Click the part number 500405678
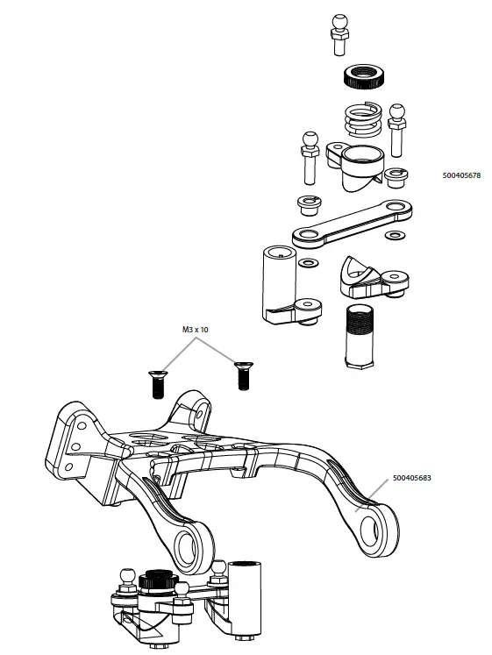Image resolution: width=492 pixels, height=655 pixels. pyautogui.click(x=462, y=175)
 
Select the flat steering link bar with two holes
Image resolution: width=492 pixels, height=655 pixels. pyautogui.click(x=352, y=223)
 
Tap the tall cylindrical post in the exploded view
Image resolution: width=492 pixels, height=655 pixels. pyautogui.click(x=279, y=281)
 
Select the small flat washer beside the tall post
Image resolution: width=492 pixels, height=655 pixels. pyautogui.click(x=309, y=263)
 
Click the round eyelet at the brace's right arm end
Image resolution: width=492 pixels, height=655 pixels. pyautogui.click(x=381, y=524)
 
